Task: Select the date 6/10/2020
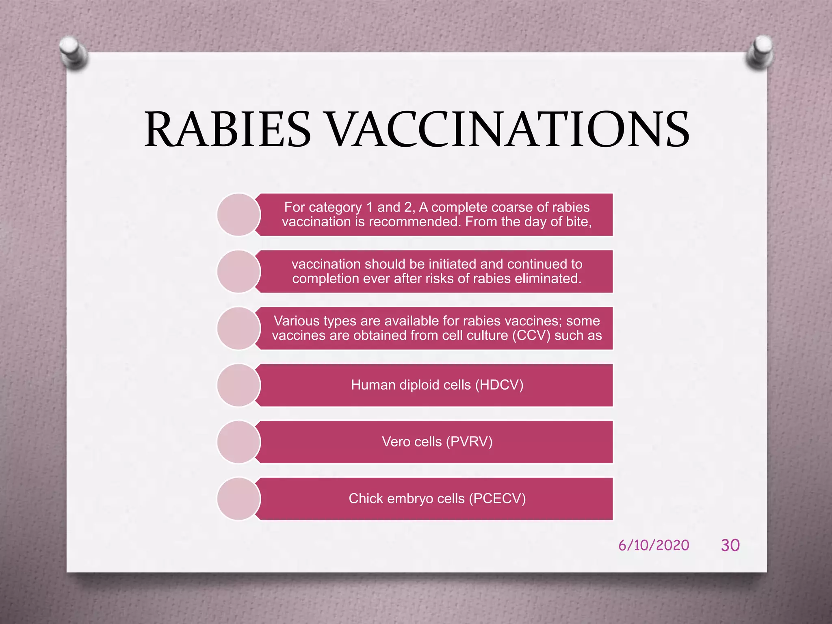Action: pos(654,545)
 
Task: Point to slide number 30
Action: pos(730,545)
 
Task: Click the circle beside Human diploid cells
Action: pos(239,385)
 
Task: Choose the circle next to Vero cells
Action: pos(239,442)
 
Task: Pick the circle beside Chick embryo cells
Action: pos(239,499)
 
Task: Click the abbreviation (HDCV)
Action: pos(499,385)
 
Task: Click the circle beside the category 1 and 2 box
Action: pos(239,214)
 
